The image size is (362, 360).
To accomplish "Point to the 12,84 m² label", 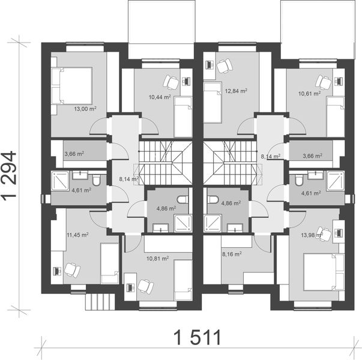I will (x=236, y=91).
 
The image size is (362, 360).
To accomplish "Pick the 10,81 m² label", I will (x=155, y=258).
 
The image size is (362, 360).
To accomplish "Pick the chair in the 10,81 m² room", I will (x=143, y=284).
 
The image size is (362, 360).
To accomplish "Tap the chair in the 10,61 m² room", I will (x=325, y=81).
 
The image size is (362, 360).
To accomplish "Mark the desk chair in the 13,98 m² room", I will (x=325, y=234).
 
